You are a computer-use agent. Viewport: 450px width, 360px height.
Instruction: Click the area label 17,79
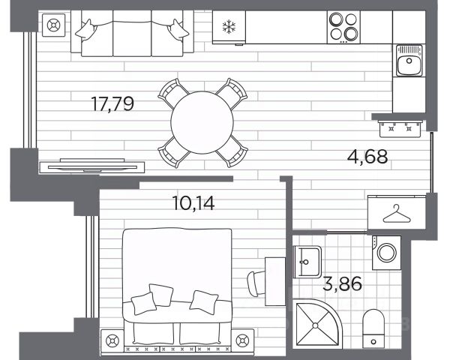point(112,104)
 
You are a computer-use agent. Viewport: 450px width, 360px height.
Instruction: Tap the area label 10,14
point(193,203)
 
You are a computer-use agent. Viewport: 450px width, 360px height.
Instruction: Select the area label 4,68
point(367,157)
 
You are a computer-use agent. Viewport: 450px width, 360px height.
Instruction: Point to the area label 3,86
point(343,283)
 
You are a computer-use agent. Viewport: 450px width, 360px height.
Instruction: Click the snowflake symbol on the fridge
point(229,26)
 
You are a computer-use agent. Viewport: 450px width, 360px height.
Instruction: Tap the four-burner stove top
point(343,27)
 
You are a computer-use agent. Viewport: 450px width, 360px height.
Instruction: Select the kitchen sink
point(409,61)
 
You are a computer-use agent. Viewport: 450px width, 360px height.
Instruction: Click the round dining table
point(202,122)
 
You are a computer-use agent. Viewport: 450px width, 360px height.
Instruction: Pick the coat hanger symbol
point(397,214)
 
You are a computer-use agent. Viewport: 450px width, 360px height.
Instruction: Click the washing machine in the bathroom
point(386,253)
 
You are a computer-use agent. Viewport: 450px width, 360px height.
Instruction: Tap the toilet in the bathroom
point(373,328)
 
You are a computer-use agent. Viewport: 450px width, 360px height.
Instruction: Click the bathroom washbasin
point(307,262)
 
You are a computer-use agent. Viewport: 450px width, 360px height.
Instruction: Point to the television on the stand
point(92,166)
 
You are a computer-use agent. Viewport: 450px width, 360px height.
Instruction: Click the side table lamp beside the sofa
point(54,25)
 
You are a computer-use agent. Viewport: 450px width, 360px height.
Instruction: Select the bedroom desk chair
point(256,283)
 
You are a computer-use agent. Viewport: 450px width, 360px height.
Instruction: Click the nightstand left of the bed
point(112,340)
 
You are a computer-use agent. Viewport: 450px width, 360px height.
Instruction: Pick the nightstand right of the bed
point(242,340)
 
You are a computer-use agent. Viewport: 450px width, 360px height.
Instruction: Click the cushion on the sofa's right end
point(177,29)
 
